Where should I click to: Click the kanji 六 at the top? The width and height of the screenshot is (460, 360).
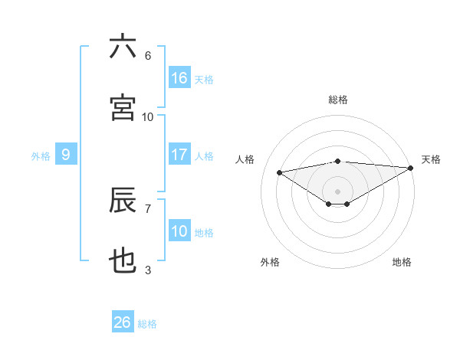click(x=123, y=47)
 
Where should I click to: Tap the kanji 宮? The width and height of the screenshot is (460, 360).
click(x=123, y=108)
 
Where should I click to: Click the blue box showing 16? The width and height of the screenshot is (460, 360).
click(x=179, y=78)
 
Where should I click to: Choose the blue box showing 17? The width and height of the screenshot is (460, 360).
click(x=179, y=155)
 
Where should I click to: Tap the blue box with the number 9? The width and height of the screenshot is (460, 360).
click(x=66, y=155)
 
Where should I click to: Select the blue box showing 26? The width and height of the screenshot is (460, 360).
click(x=123, y=322)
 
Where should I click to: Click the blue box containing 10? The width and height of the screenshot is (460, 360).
click(x=179, y=231)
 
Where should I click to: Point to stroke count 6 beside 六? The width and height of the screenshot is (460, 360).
click(x=148, y=56)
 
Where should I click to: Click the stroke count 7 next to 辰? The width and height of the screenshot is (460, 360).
click(x=148, y=208)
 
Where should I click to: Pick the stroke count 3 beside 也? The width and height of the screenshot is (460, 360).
click(x=148, y=270)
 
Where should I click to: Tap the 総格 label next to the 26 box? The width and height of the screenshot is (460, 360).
click(x=148, y=324)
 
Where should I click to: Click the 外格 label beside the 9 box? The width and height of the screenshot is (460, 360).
click(x=41, y=156)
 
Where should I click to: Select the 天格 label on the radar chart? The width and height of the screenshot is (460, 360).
click(x=431, y=159)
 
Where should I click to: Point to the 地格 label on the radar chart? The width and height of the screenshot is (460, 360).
click(x=402, y=262)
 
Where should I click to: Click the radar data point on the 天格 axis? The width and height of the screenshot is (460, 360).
click(x=411, y=168)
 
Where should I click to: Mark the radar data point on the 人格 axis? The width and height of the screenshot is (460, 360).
click(x=279, y=172)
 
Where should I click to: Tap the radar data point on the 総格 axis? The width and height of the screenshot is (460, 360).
click(x=337, y=161)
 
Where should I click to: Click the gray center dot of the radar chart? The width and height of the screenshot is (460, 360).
click(x=337, y=191)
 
